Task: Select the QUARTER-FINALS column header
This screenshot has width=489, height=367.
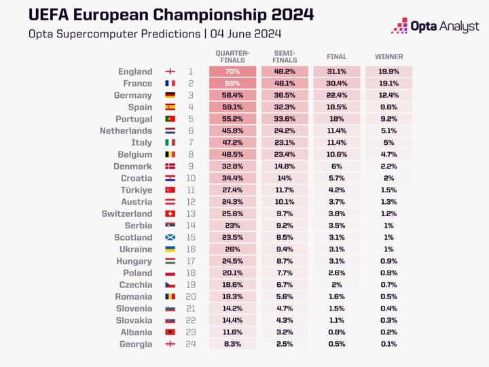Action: tap(232, 56)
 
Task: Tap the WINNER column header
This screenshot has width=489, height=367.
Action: tap(388, 57)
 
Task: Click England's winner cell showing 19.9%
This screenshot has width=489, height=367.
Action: tap(388, 71)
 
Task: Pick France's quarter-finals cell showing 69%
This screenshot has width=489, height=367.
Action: tap(232, 84)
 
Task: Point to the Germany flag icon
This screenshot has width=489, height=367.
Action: tap(170, 96)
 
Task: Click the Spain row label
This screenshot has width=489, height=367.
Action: tap(140, 107)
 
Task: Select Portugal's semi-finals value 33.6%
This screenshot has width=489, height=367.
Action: tap(284, 119)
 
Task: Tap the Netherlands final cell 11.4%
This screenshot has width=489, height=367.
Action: tap(336, 130)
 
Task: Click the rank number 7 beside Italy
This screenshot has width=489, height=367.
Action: tap(191, 143)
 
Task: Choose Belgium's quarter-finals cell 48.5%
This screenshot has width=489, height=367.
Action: tap(232, 154)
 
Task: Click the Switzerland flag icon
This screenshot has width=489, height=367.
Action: tap(170, 213)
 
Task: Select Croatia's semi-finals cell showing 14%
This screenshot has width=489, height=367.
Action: tap(284, 178)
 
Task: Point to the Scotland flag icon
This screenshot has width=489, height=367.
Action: tap(170, 237)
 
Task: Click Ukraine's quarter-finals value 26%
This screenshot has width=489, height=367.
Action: tap(232, 249)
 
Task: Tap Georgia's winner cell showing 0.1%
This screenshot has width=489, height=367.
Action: tap(388, 344)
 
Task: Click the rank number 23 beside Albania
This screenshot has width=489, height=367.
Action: tap(191, 332)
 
